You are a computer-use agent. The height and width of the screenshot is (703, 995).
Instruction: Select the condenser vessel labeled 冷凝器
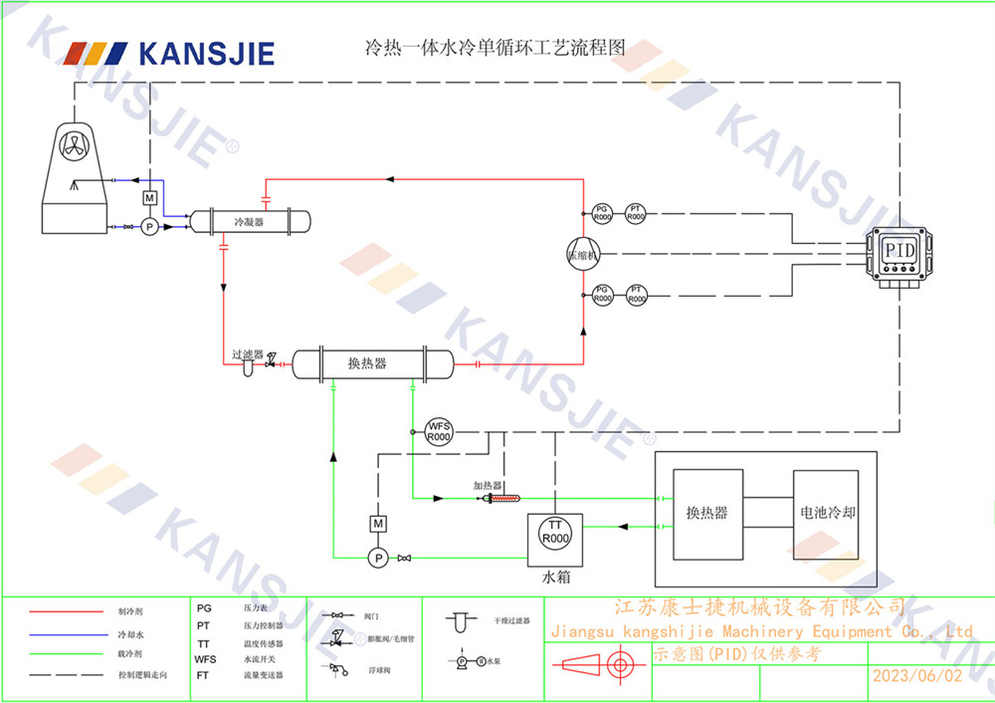click(249, 222)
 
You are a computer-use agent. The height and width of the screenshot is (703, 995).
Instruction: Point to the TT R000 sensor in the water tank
click(555, 533)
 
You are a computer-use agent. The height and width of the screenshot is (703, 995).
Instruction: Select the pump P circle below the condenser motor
click(149, 227)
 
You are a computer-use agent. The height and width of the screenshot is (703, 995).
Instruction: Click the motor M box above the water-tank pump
click(378, 524)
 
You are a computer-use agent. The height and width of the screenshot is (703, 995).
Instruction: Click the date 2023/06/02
click(917, 675)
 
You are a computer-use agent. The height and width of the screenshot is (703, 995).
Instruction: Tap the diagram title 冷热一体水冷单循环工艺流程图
click(495, 48)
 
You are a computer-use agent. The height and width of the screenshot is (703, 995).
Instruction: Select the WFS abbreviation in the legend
click(205, 659)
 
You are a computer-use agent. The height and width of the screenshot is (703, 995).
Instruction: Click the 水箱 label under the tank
click(555, 578)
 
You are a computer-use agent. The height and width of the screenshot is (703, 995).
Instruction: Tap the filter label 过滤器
click(247, 353)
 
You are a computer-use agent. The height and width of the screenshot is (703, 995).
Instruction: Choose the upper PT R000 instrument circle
click(636, 212)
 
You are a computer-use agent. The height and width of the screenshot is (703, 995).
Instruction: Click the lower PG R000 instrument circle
click(602, 294)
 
